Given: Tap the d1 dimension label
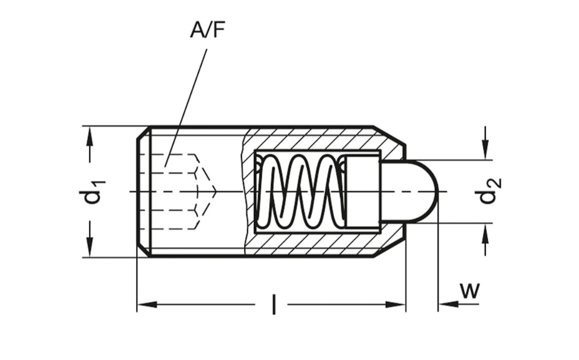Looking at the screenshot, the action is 94,192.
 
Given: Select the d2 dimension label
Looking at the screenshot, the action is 490,191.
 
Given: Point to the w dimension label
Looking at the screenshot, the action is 469,291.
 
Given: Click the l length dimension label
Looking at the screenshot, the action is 273,304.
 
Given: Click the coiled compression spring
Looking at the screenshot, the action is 302,191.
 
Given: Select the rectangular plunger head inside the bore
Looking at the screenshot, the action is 364,191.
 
